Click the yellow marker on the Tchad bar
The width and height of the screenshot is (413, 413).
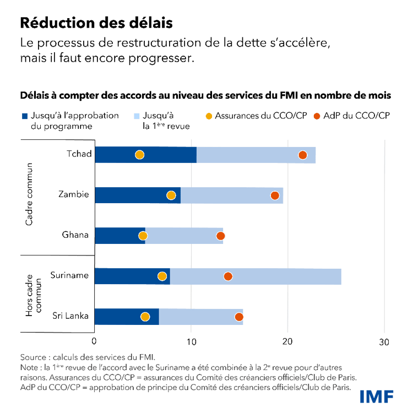coord(139,155)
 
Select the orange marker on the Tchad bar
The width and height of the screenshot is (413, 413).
coord(302,155)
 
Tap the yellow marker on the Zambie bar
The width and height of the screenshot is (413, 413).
coord(171,195)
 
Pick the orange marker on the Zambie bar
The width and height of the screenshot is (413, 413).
coord(275,195)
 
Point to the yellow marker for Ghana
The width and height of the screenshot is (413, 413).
coord(143,236)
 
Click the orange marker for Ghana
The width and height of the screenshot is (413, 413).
coord(221,236)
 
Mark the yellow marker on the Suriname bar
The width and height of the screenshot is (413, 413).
coord(162,276)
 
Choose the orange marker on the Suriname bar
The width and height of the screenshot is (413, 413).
coord(228,276)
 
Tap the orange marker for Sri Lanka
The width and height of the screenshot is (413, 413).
coord(239,317)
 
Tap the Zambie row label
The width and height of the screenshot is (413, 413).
coord(73,195)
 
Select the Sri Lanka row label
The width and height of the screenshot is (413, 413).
coord(70,317)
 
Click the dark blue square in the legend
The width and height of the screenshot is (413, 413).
coord(24,116)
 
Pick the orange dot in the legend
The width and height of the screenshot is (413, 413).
coord(317,116)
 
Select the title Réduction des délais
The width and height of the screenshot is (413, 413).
coord(96,24)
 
